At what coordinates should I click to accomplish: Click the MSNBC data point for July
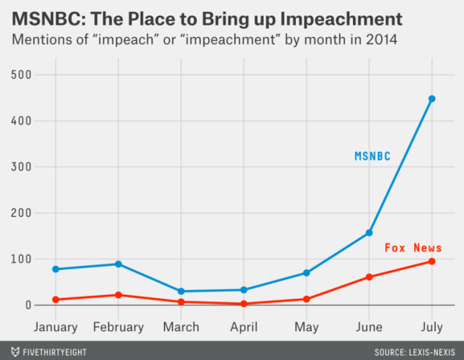pos(432,98)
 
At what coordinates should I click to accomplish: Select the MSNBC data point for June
pos(369,233)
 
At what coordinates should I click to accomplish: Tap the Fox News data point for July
pos(432,262)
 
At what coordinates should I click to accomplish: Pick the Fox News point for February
pos(118,295)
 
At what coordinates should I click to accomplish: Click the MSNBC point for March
pos(181,291)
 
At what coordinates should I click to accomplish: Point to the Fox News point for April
pos(244,304)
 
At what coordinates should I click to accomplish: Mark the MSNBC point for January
pos(56,269)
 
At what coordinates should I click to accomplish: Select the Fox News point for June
pos(369,277)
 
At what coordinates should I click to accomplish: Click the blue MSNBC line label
pos(372,156)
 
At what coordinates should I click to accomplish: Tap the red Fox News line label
pos(413,247)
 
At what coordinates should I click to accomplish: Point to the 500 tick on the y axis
pos(24,75)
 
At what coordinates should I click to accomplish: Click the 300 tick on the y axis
pos(24,167)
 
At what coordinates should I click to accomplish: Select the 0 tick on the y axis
pos(29,305)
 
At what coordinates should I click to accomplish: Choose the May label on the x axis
pos(307,327)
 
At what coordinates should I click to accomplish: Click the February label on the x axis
pos(118,327)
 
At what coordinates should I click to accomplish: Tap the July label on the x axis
pos(432,327)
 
